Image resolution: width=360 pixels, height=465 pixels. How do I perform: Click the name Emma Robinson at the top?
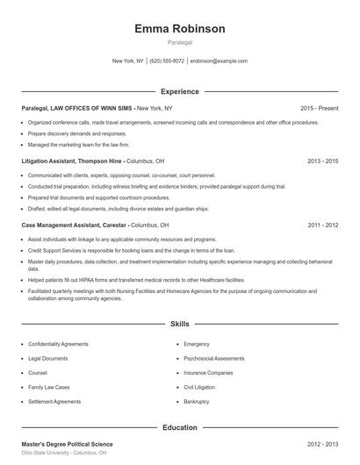pos(180,28)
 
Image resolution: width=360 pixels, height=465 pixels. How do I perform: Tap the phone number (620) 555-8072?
pos(167,61)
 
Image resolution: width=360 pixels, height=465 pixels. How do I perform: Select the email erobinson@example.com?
pos(219,61)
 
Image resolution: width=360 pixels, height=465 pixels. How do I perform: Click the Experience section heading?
pos(180,91)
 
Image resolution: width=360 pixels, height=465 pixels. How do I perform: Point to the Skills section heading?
pos(180,325)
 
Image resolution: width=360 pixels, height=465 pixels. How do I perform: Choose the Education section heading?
pos(180,427)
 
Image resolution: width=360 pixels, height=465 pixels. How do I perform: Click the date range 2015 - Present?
pos(319,108)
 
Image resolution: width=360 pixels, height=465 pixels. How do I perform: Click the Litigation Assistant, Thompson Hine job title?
pos(72,161)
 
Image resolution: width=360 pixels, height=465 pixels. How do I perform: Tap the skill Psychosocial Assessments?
pos(214,359)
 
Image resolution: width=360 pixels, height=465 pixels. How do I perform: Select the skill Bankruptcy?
pos(197,402)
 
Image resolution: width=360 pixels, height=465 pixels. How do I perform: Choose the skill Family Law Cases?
pos(49,388)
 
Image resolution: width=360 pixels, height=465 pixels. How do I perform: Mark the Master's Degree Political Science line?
pos(68,444)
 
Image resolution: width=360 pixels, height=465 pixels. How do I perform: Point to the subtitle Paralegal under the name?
pos(180,42)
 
